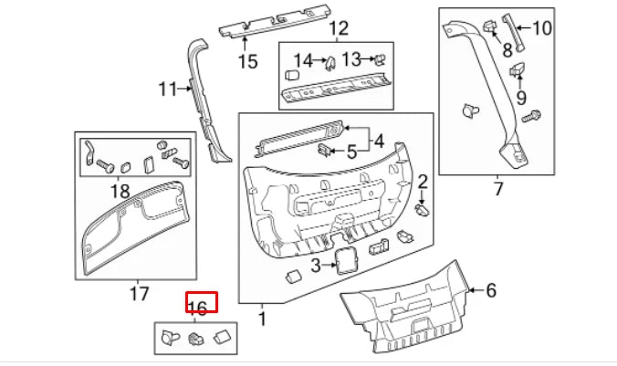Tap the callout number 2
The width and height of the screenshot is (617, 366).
(423, 182)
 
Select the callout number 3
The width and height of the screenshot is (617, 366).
(315, 266)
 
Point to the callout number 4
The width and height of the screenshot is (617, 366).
(379, 141)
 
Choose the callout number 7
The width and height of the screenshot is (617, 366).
(498, 189)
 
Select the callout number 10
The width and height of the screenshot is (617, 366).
(542, 28)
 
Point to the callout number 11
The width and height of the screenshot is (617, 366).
(167, 89)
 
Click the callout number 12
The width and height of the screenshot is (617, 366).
(339, 28)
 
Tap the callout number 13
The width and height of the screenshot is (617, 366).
(351, 59)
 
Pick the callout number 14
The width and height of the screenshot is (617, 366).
(302, 61)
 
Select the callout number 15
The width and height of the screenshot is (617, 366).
(247, 62)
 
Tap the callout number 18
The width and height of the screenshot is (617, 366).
(120, 191)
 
